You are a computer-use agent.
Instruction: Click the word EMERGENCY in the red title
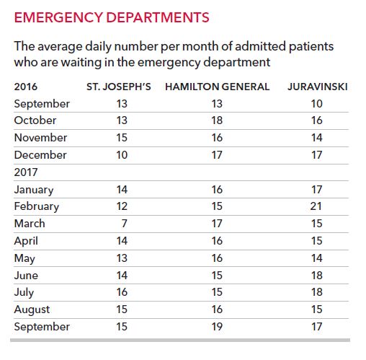point(58,17)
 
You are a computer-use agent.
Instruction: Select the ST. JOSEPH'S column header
point(119,87)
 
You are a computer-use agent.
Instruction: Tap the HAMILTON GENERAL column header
point(217,87)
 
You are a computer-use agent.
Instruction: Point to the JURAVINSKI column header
point(318,87)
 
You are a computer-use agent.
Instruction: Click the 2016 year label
point(26,87)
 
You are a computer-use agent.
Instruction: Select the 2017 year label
point(26,172)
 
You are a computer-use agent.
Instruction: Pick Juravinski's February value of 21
point(316,206)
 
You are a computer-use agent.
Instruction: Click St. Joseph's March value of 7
point(124,224)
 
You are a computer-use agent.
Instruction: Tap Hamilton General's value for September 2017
point(217,327)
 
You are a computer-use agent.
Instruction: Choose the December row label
point(40,155)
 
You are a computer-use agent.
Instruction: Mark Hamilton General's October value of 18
point(217,120)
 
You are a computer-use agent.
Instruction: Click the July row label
point(24,293)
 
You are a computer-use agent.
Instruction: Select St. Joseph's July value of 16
point(122,292)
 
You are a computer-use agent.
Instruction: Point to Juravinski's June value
point(317,276)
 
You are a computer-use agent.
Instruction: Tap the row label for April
point(26,241)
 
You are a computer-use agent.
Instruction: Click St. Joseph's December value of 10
point(122,155)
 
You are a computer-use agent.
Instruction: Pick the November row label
point(40,138)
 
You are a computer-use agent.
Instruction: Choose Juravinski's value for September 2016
point(317,104)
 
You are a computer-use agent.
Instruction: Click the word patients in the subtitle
point(311,47)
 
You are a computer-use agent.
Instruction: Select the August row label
point(32,310)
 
